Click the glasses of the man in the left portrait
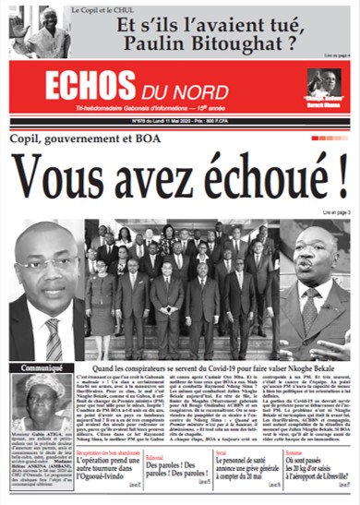(46, 265)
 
